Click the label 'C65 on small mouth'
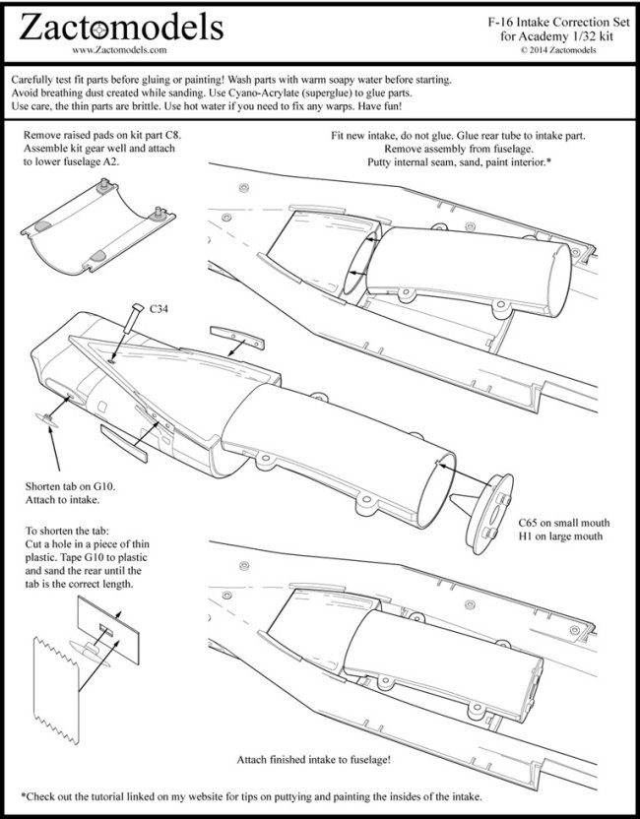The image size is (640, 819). [564, 521]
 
